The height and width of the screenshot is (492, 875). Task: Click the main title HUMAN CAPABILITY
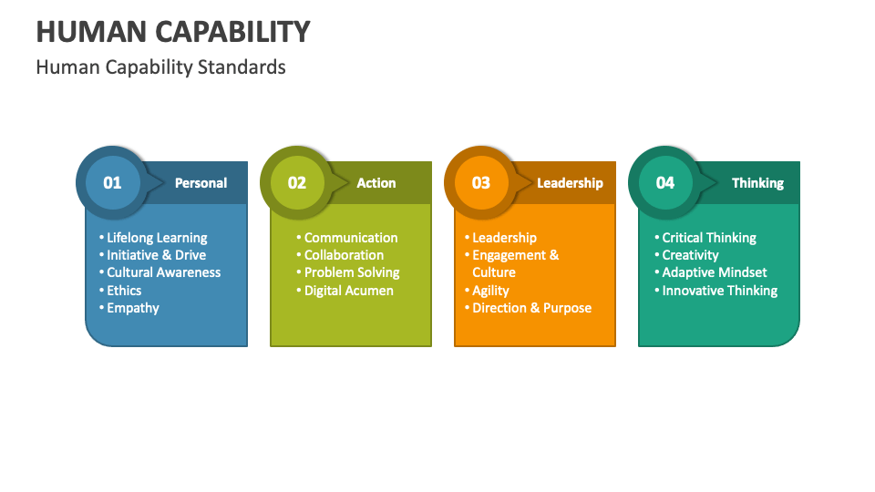(173, 32)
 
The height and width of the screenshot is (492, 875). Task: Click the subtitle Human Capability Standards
(160, 67)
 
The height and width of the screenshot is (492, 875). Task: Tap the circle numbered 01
(112, 182)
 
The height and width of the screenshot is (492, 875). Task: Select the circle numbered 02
(297, 182)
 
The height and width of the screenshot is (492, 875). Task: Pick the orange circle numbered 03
(480, 182)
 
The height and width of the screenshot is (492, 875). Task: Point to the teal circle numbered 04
(665, 182)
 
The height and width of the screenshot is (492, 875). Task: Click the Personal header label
(201, 183)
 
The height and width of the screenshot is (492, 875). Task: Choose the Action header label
(376, 183)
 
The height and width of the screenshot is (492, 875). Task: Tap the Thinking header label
(757, 183)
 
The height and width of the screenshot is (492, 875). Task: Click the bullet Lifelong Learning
(157, 238)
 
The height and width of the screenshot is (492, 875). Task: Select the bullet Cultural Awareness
(163, 272)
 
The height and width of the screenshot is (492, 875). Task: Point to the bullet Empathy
(133, 308)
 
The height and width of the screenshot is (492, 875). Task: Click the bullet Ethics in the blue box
(124, 291)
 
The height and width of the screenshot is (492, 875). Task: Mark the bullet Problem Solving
(352, 272)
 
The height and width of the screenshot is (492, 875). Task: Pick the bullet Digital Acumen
(349, 291)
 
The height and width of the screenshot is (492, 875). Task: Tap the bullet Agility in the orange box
(490, 291)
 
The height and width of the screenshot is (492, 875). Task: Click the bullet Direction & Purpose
(531, 308)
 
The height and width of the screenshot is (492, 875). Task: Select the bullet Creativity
(690, 255)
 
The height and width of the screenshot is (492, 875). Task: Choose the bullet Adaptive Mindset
(715, 272)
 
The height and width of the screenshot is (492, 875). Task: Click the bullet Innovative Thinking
(720, 291)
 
